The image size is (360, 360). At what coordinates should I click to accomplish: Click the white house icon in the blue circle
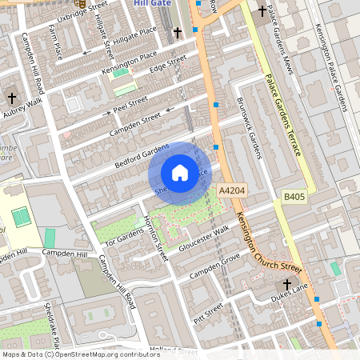[180, 172]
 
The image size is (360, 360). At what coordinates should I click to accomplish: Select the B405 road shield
[294, 195]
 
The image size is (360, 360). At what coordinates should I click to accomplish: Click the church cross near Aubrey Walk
[11, 97]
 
